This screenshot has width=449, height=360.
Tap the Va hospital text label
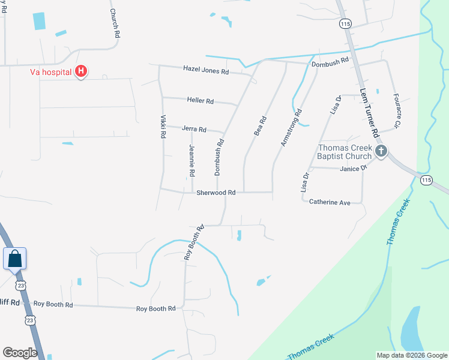[x=51, y=73]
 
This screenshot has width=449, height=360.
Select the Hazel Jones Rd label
[x=206, y=71]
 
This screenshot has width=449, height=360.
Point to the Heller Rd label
[x=200, y=101]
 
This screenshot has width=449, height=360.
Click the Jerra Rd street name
[x=194, y=129]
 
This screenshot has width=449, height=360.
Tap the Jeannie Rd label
[x=191, y=160]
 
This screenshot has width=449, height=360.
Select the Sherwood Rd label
[x=215, y=193]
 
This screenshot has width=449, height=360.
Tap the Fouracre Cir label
[x=396, y=110]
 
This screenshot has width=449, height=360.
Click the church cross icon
[x=381, y=152]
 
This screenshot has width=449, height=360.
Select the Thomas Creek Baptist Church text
[x=345, y=152]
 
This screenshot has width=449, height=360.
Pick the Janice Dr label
[x=353, y=169]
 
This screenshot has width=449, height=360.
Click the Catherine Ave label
[x=330, y=203]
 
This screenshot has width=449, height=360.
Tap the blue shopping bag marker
[x=14, y=259]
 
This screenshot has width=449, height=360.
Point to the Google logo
[x=20, y=352]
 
